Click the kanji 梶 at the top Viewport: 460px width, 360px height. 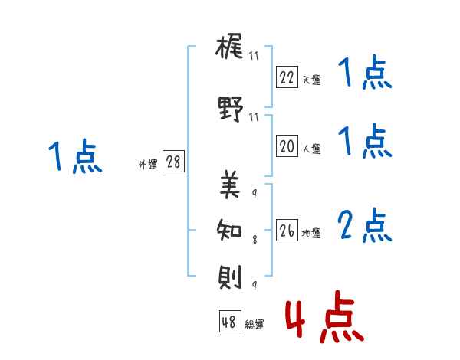(229, 46)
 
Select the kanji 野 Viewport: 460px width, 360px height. (230, 109)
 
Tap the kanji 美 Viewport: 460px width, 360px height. (230, 185)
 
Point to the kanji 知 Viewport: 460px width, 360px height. (229, 230)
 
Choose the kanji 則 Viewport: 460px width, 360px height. (230, 277)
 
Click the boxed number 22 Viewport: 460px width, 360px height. (287, 77)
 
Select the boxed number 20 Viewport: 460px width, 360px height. (287, 146)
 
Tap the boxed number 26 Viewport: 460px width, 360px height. (287, 230)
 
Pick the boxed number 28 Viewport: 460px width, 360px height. (173, 161)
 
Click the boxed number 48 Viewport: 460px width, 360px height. (230, 321)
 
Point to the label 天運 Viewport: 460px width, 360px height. (311, 80)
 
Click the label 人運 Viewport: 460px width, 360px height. (312, 149)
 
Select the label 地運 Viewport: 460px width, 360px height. (311, 233)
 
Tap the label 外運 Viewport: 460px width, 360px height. (148, 165)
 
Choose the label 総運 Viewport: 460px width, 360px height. (255, 324)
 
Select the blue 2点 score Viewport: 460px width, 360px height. (365, 225)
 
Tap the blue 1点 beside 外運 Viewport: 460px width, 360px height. (75, 156)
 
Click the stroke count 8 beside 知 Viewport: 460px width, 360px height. (255, 240)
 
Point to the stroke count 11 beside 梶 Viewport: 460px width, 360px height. (254, 55)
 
